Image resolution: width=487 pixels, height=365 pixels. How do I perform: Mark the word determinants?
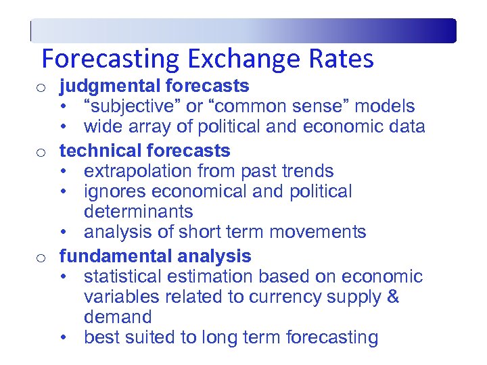pyautogui.click(x=139, y=212)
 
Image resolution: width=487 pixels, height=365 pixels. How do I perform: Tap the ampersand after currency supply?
pyautogui.click(x=393, y=297)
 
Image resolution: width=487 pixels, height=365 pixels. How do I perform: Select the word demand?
pyautogui.click(x=118, y=317)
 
